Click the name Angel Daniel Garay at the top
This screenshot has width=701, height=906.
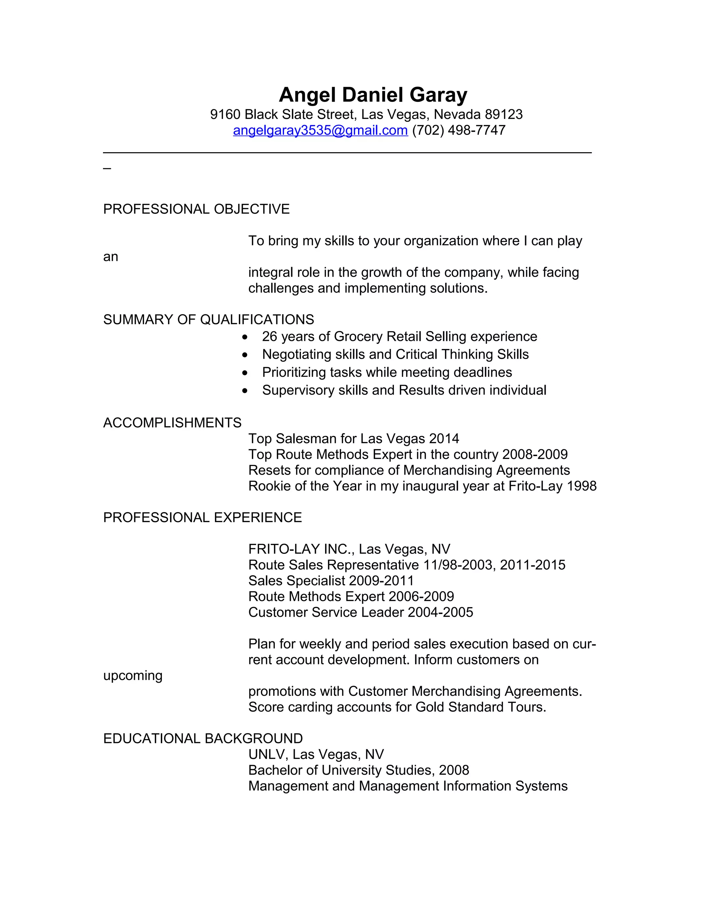(373, 95)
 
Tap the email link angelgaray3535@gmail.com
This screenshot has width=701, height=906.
(320, 130)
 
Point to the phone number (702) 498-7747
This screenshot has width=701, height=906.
(459, 130)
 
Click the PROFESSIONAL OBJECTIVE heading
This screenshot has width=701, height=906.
(196, 209)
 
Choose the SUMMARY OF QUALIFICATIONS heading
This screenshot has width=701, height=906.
(208, 319)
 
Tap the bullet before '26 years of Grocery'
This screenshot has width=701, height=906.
(245, 337)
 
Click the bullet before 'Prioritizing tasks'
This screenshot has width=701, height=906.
(245, 373)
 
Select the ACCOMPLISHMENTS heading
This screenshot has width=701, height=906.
(172, 423)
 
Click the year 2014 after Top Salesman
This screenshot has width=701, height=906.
(444, 439)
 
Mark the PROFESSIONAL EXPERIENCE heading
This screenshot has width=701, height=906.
(202, 518)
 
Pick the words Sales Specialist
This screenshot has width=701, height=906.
(296, 581)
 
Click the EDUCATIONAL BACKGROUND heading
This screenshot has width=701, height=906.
(203, 738)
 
